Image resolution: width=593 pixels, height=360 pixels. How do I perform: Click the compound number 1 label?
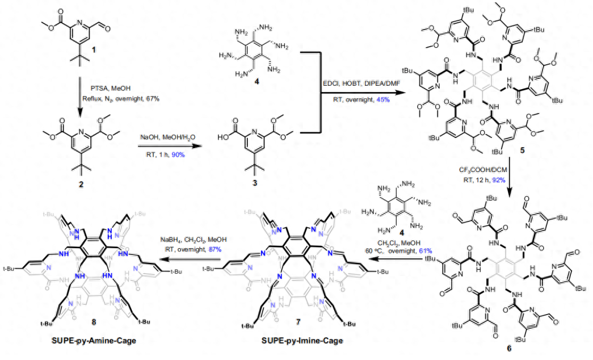coord(94,50)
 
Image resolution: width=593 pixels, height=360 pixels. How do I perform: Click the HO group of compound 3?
coord(224,137)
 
